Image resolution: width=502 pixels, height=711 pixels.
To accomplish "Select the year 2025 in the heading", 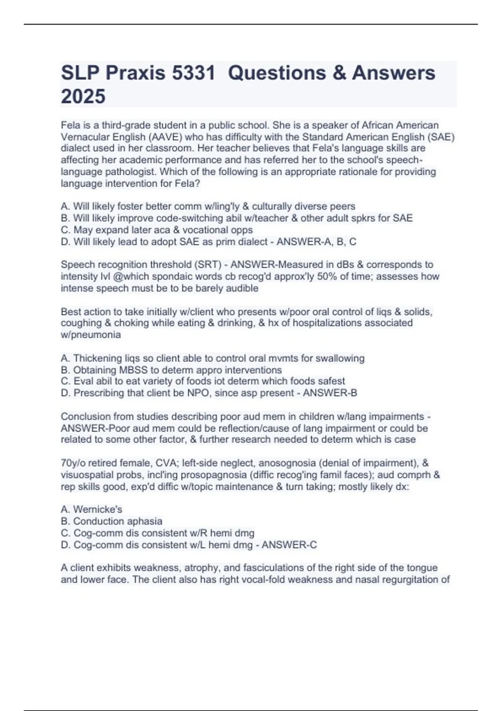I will [x=83, y=96].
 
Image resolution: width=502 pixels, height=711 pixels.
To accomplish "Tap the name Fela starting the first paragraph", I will [x=70, y=125].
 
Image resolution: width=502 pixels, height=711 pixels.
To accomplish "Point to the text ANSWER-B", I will [x=330, y=393].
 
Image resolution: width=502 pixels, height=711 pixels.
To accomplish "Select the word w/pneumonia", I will [x=91, y=335].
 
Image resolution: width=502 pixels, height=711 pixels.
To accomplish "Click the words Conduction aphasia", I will [x=118, y=521].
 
